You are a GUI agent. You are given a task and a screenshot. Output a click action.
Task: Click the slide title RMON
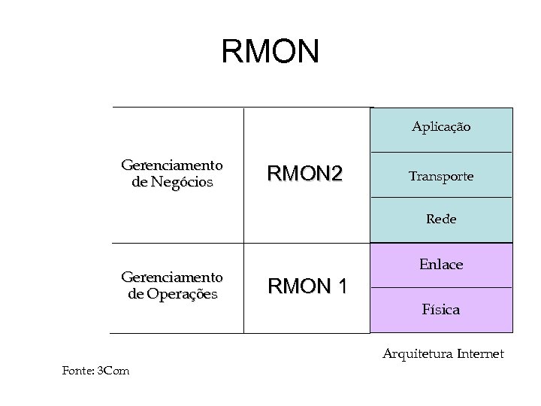coord(270,52)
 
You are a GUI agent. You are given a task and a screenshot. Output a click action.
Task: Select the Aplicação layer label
coord(441,127)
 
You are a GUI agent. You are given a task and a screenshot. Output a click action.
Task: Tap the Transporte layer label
coord(440,176)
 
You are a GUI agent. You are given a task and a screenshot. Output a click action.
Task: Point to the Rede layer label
coord(441,220)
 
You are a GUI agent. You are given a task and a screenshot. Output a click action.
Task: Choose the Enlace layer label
coord(441,264)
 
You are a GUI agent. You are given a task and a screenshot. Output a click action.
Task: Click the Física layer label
coord(441,309)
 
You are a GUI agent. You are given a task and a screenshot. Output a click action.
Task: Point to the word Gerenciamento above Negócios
coord(172,165)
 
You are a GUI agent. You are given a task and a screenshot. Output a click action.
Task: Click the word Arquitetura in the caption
coord(416,353)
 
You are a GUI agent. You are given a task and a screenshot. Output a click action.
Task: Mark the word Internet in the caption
coord(478,353)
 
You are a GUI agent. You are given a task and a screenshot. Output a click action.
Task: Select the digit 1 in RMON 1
coord(342,286)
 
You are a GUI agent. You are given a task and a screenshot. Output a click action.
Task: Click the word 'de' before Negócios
coord(139,182)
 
